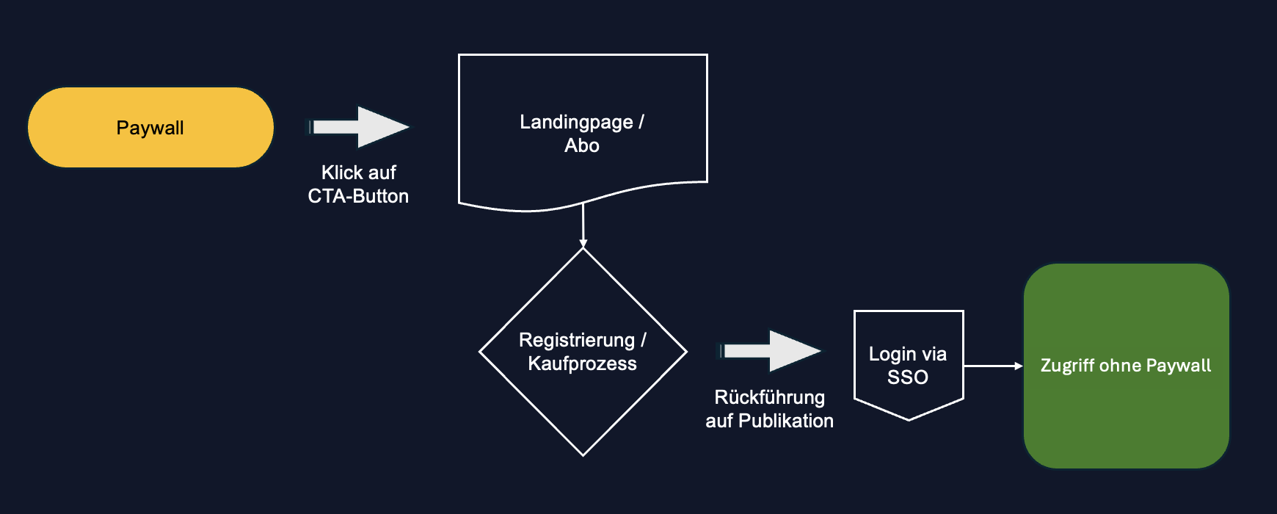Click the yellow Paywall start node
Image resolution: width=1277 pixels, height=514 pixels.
click(73, 128)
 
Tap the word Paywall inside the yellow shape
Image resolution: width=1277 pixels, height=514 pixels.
click(150, 128)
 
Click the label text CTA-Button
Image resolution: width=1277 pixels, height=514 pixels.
click(358, 196)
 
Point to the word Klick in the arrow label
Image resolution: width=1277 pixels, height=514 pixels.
click(342, 173)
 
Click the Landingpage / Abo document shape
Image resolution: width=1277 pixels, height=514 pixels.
click(583, 88)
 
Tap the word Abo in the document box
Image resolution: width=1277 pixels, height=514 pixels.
click(582, 145)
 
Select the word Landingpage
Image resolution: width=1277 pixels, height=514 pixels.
click(576, 122)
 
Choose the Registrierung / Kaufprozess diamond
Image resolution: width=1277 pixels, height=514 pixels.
click(583, 411)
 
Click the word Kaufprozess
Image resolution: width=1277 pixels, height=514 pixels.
click(582, 363)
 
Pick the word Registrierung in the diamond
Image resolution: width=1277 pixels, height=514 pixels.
click(576, 340)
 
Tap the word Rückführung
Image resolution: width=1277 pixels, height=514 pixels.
click(769, 397)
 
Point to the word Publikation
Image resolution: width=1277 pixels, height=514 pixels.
click(786, 421)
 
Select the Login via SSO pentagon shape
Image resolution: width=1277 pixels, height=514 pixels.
click(908, 330)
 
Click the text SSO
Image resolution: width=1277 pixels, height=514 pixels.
click(908, 377)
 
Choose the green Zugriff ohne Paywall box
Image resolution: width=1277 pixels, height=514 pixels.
click(1126, 426)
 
